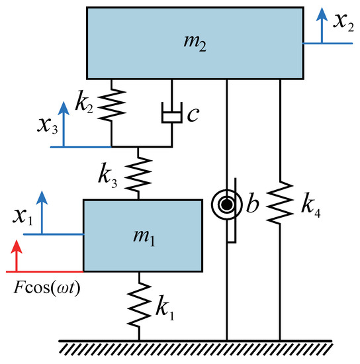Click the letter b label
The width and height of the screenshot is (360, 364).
251,204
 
